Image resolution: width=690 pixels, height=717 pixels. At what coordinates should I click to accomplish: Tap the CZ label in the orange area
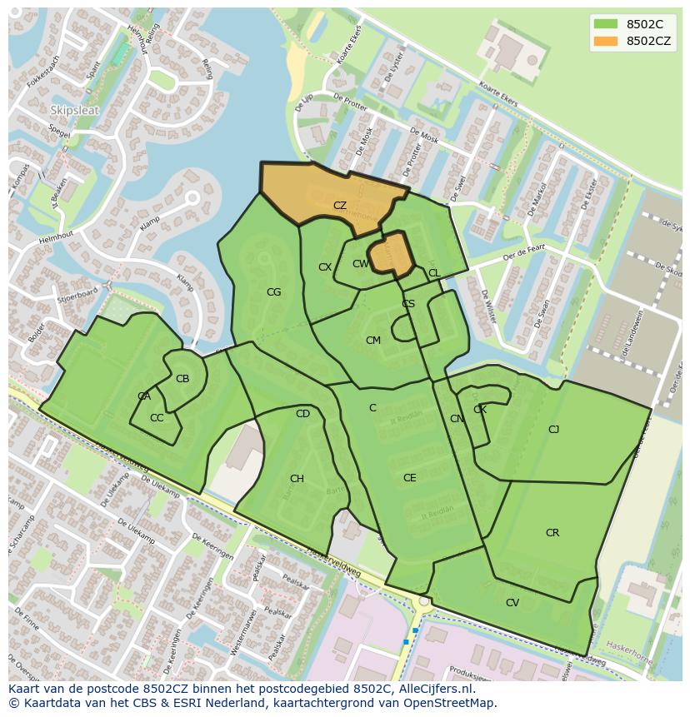340,206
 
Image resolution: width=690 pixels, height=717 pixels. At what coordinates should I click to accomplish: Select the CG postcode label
273,292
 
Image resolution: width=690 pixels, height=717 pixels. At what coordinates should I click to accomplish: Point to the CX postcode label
325,267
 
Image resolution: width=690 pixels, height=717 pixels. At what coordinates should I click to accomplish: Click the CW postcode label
360,264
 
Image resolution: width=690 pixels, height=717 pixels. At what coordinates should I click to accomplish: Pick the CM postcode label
372,341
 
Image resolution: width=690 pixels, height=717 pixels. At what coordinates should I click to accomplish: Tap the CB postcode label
182,379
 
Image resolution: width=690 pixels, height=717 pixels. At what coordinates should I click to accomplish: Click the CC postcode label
157,418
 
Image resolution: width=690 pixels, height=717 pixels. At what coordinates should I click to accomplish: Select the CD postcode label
302,414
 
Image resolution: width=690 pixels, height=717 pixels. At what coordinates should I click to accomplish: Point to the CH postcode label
297,479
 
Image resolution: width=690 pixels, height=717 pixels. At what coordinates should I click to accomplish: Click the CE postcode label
409,478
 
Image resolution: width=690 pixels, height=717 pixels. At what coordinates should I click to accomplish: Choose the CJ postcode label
553,430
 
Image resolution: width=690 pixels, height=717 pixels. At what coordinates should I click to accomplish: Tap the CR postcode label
552,533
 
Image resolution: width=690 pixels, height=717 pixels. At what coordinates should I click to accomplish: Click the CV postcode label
512,603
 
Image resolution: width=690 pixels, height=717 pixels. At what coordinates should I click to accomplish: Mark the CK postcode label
480,410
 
